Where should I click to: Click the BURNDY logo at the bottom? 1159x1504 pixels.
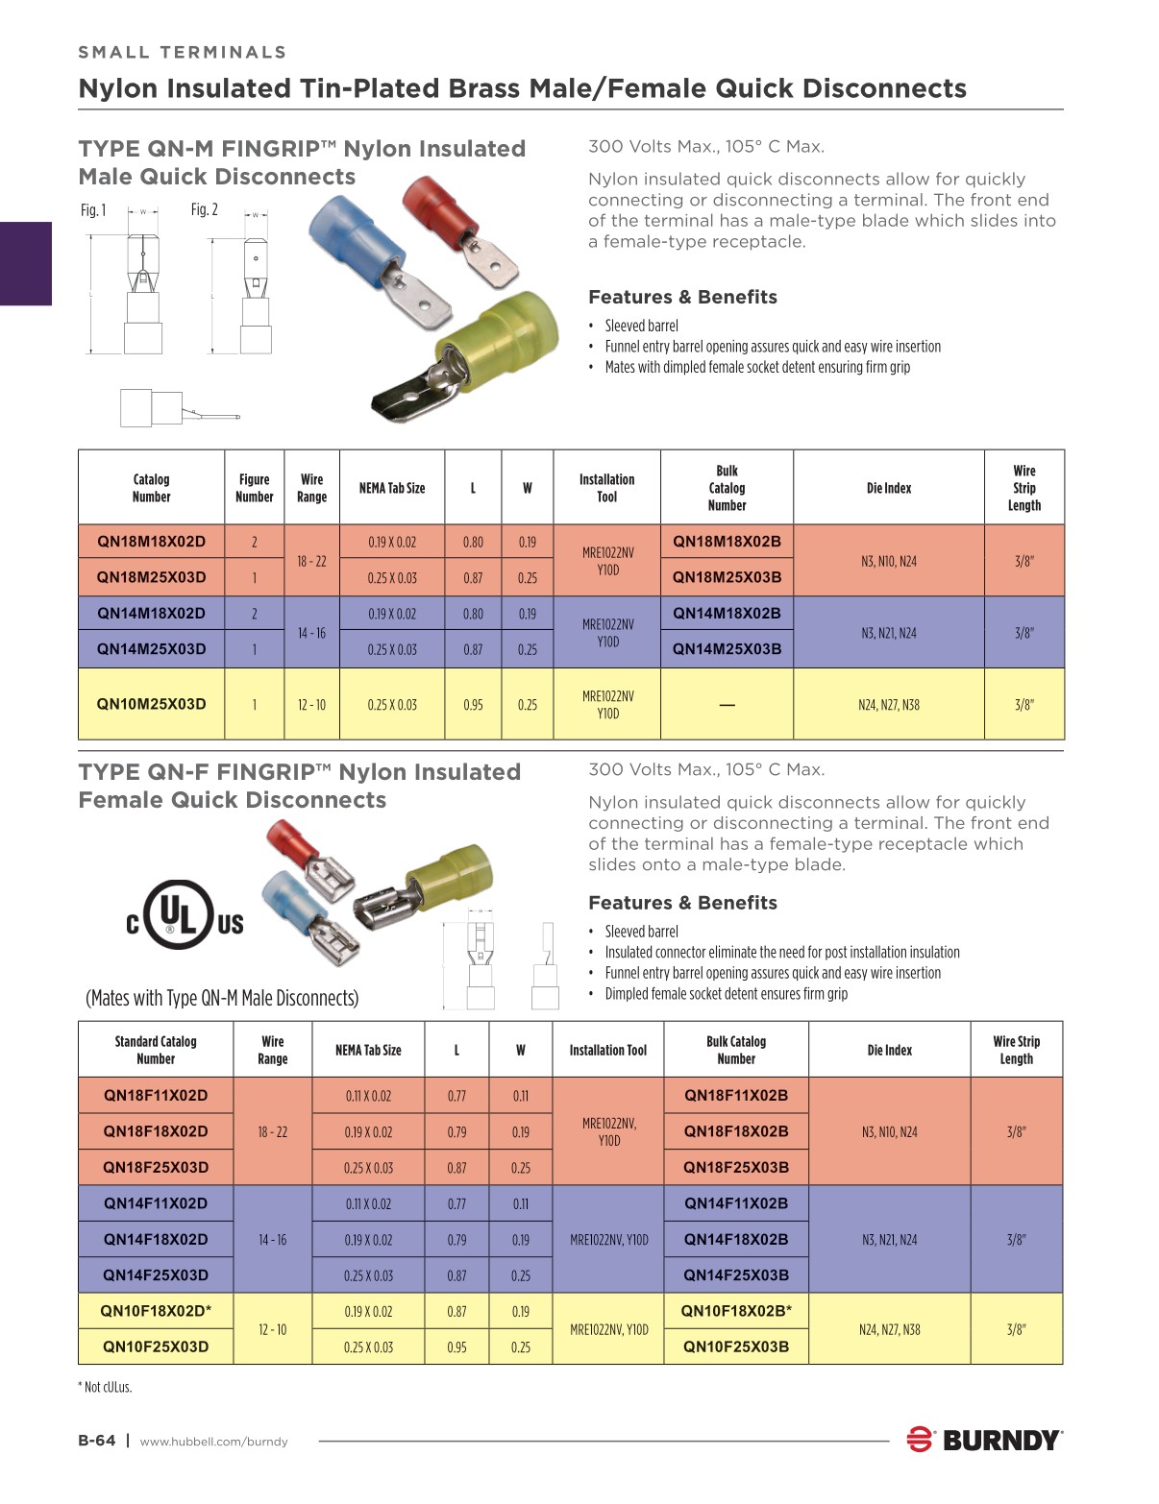click(x=984, y=1440)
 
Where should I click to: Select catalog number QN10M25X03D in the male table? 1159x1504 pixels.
click(x=151, y=704)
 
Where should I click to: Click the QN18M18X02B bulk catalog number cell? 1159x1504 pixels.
click(x=727, y=542)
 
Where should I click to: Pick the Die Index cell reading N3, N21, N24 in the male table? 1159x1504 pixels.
click(x=888, y=633)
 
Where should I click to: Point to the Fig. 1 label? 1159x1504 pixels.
click(x=93, y=210)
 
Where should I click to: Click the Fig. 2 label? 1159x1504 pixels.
click(x=204, y=209)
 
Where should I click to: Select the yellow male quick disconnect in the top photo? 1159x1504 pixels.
click(x=471, y=355)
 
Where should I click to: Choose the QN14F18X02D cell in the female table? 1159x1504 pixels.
click(x=156, y=1239)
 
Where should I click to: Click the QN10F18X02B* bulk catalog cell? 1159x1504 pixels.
click(x=736, y=1311)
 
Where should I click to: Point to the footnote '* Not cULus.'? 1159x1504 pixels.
click(x=105, y=1387)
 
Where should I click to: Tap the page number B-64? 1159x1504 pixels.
click(x=96, y=1441)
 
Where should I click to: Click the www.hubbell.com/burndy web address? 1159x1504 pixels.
click(x=213, y=1442)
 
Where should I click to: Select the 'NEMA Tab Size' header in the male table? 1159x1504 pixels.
click(x=392, y=488)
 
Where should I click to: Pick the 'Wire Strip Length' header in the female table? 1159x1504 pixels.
click(x=1016, y=1050)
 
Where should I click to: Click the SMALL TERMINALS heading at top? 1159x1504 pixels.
click(x=182, y=52)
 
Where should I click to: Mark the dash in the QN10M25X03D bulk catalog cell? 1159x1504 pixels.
click(x=727, y=705)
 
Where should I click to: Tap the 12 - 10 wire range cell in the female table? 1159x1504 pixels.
click(x=272, y=1329)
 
